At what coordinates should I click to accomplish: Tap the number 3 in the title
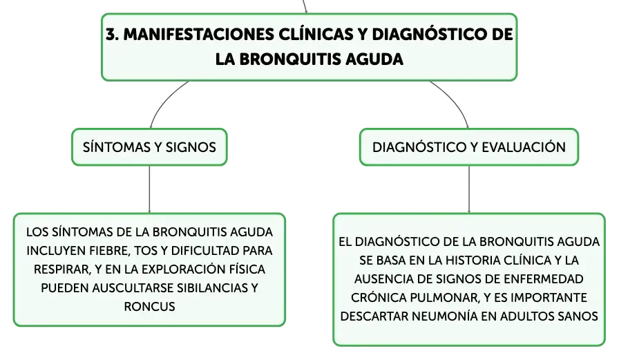pos(112,35)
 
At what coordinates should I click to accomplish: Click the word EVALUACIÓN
pos(524,147)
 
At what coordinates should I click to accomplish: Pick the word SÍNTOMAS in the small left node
pos(117,147)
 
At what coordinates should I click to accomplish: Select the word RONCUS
pos(149,307)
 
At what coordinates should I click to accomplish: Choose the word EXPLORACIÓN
pos(184,269)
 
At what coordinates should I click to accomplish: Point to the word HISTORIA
pos(471,260)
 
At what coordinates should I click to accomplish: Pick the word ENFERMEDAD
pos(543,279)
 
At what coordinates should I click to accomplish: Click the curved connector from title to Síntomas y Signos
pos(164,100)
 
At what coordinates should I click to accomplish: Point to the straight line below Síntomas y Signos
pos(149,189)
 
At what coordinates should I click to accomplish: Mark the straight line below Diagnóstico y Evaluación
pos(469,189)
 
